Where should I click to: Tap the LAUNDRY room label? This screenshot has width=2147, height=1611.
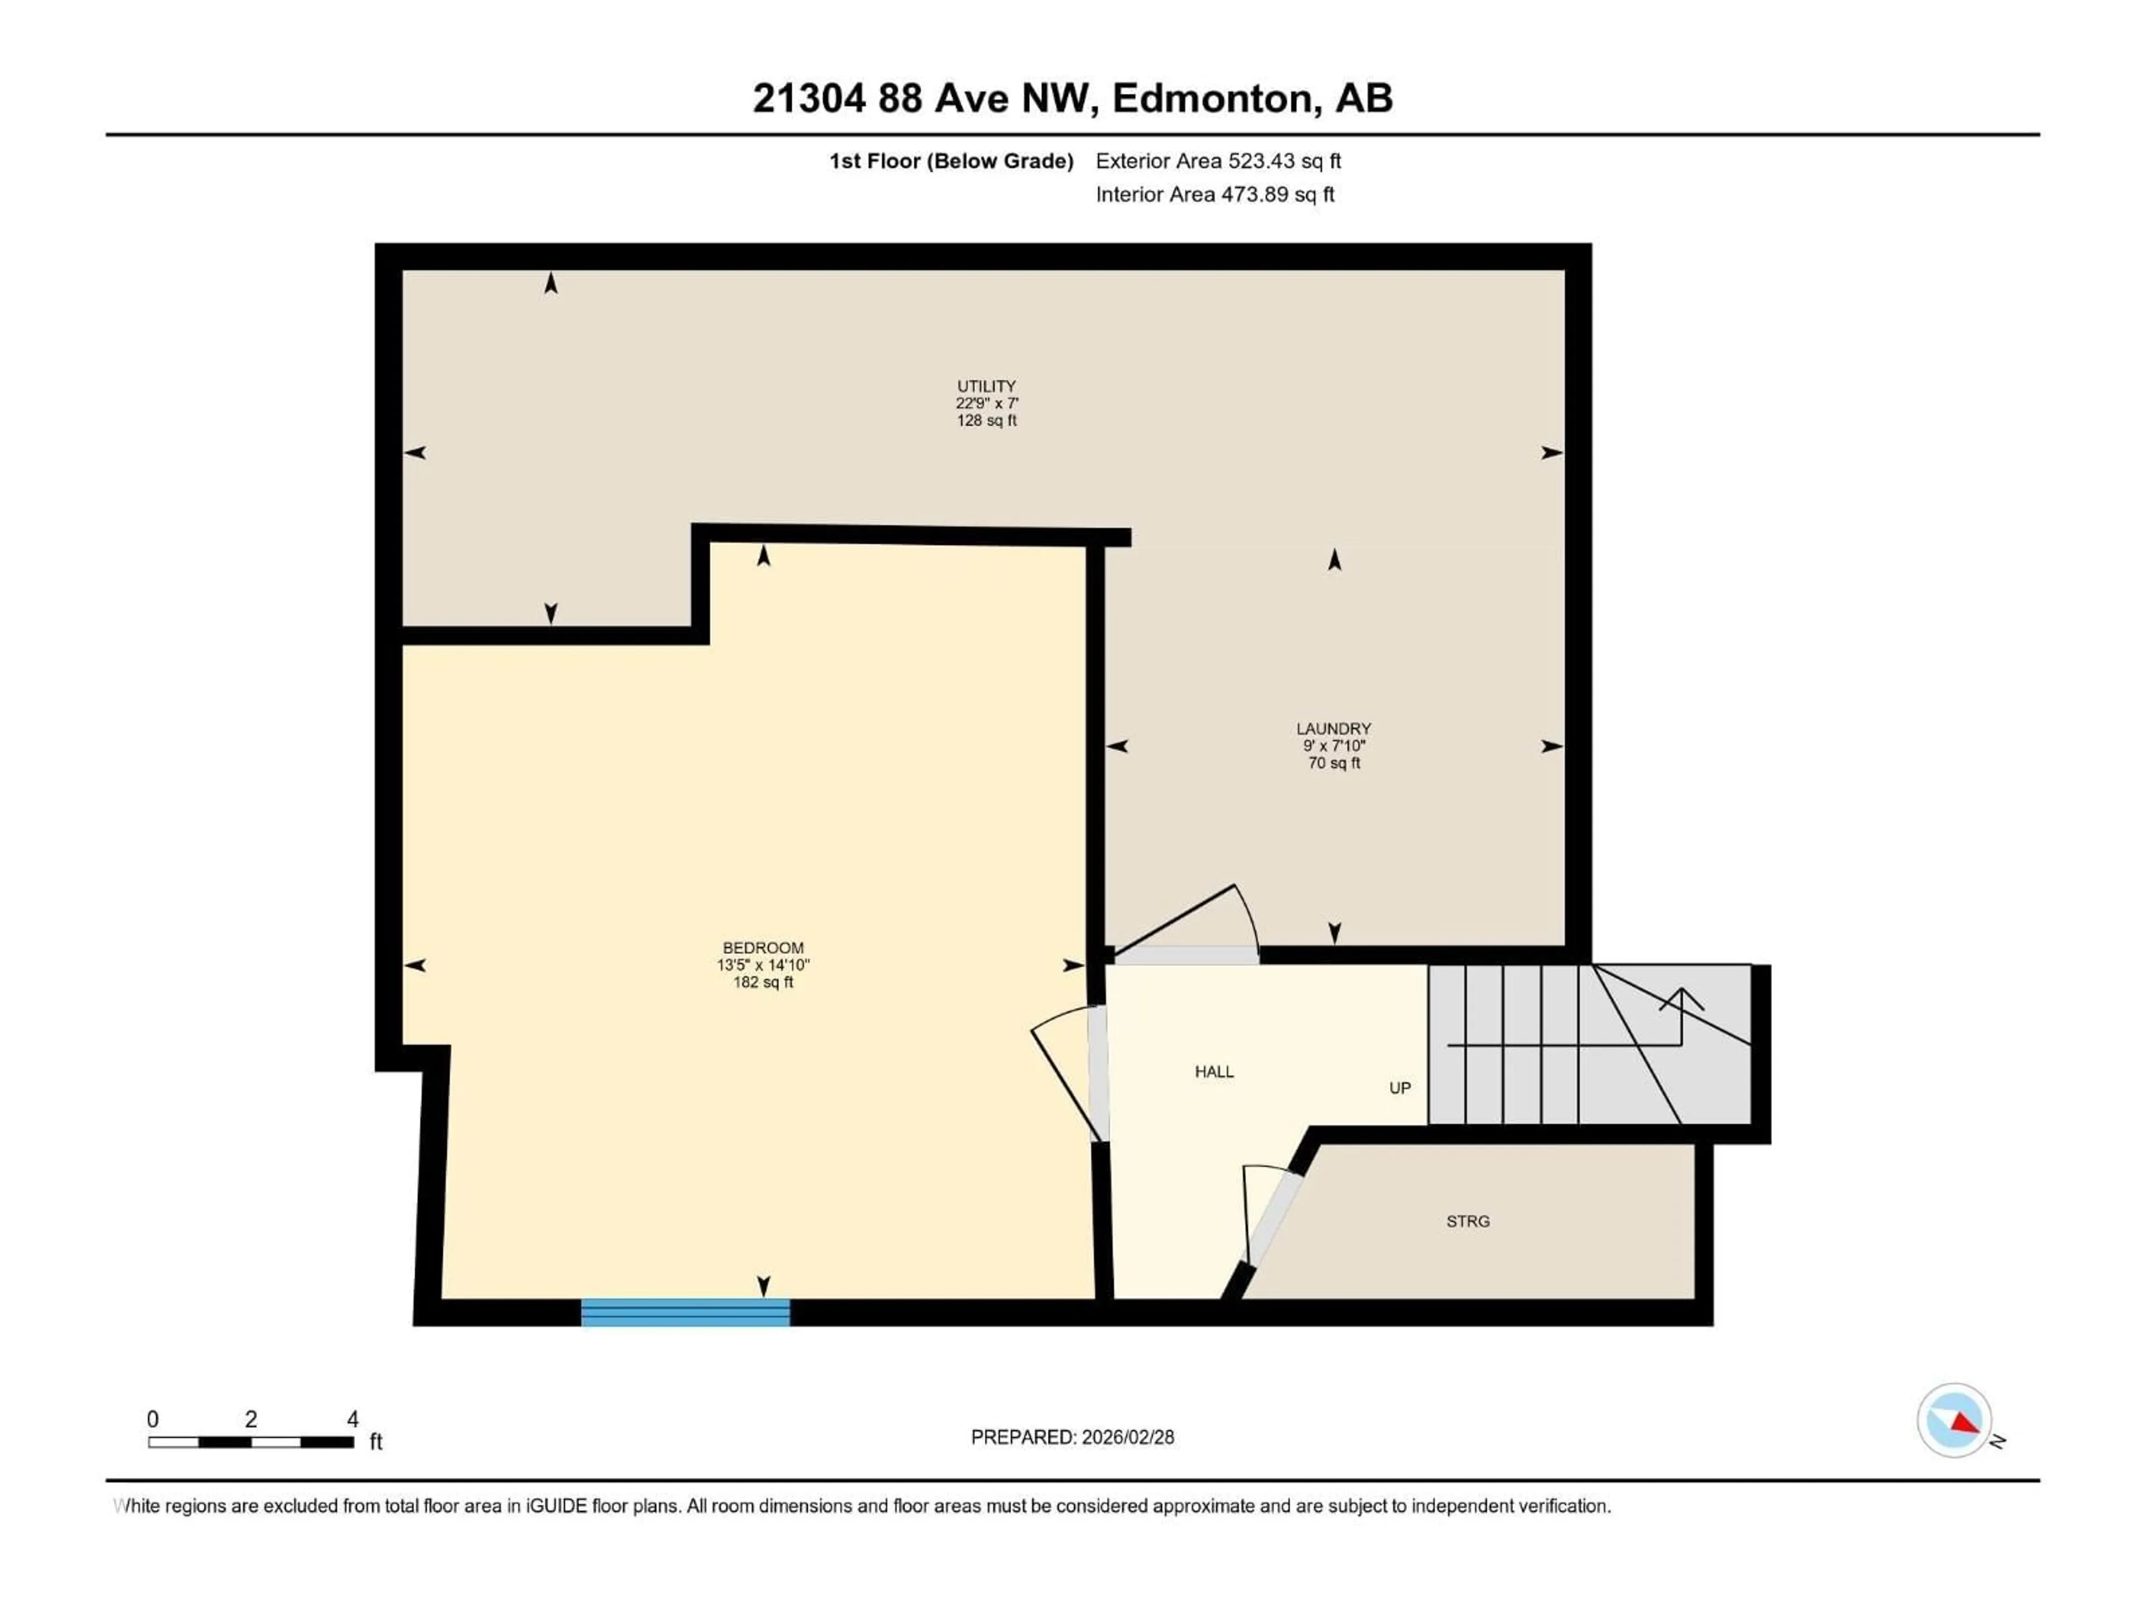pos(1333,728)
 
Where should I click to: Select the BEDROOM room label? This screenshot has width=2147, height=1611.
pos(763,948)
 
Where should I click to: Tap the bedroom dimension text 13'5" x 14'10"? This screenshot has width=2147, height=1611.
pos(763,965)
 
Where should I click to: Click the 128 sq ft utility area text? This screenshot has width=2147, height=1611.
pos(986,421)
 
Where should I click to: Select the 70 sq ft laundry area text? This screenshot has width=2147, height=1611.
pos(1333,763)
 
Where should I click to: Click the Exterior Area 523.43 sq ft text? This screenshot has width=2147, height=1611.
pos(1218,161)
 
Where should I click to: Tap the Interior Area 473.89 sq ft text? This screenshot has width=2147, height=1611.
pos(1215,194)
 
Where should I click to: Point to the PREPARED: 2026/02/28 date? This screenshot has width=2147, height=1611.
pos(1072,1437)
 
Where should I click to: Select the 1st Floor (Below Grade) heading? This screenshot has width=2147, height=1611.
pos(951,161)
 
